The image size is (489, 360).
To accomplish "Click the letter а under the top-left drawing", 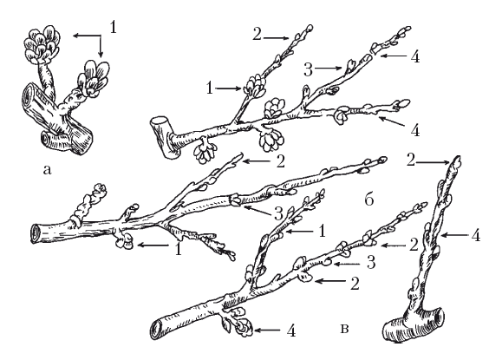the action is tap(47, 170).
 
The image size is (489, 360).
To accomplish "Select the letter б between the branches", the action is tap(369, 200).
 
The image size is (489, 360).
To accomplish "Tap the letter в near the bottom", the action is tap(344, 329).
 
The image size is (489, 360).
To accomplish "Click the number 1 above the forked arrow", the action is tap(113, 27).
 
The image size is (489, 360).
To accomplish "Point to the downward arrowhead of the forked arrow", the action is tap(101, 55).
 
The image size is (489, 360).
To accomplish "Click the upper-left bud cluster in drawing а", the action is tap(42, 43).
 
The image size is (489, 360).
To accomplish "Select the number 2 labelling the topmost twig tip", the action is tap(257, 35).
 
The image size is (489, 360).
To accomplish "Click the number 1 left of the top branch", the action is tap(210, 88).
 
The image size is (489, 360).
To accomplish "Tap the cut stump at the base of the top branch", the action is tap(161, 137).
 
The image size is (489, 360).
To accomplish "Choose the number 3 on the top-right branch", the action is tap(308, 70).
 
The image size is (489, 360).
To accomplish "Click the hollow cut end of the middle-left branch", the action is tap(36, 234).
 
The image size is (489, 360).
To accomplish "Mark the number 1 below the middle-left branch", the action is tap(179, 249).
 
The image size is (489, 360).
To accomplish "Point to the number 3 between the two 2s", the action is tap(370, 262).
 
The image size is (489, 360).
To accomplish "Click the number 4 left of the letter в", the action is tap(291, 331).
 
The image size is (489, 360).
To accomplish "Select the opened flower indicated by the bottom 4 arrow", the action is tap(244, 327).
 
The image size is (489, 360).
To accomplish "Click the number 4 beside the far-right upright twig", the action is tap(476, 236).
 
